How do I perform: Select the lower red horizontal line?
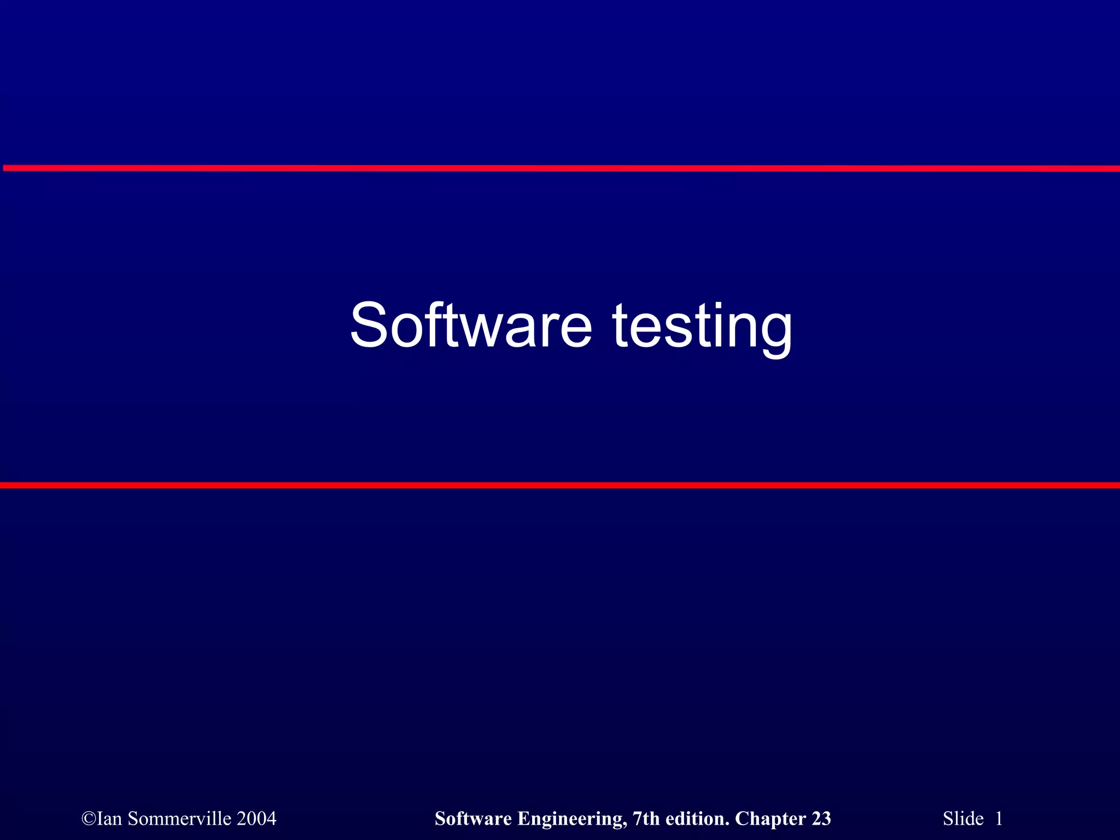click(x=560, y=485)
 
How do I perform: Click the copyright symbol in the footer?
click(x=89, y=819)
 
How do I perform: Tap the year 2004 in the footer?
click(x=256, y=819)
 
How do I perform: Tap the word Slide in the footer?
click(x=962, y=819)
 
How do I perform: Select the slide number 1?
click(x=999, y=819)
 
